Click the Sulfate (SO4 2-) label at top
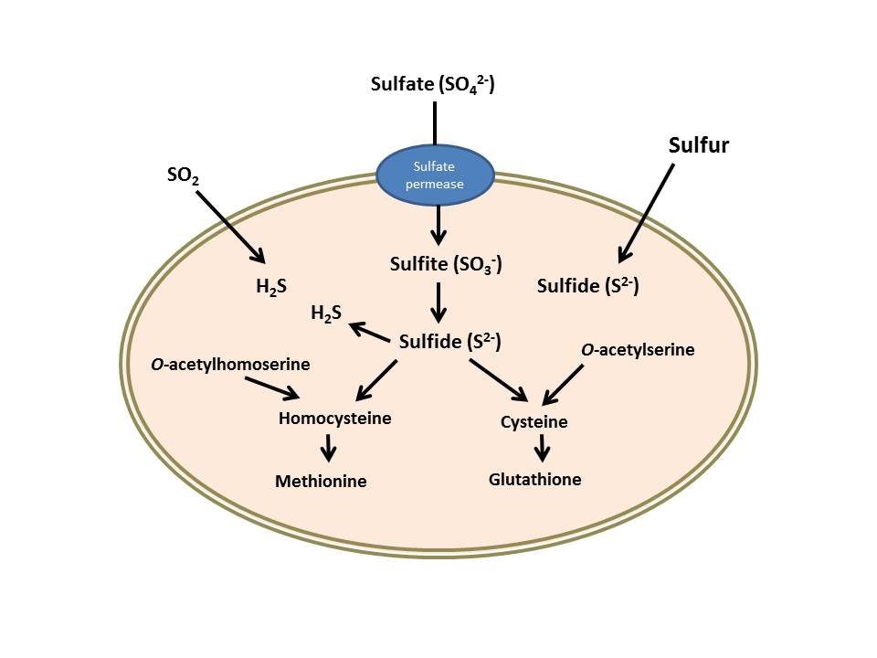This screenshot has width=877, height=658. coord(433,84)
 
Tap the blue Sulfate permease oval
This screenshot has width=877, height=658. coord(436,175)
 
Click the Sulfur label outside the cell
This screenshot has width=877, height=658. coord(699,145)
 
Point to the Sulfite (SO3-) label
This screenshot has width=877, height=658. coord(438,266)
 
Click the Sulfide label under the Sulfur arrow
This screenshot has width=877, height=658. coord(587,286)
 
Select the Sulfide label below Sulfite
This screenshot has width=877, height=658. coord(450,343)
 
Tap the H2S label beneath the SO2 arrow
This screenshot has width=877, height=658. coord(272,286)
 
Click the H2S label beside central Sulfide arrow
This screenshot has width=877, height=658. coord(326,314)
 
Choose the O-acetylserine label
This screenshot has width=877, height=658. coord(638,349)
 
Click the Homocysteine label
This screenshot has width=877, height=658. coord(335,419)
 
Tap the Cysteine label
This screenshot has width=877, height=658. coord(534,422)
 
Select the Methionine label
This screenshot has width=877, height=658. coord(321,481)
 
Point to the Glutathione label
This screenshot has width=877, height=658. coord(535,479)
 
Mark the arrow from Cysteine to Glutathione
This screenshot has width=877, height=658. coord(543,448)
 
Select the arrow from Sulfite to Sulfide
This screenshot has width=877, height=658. coord(438,302)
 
